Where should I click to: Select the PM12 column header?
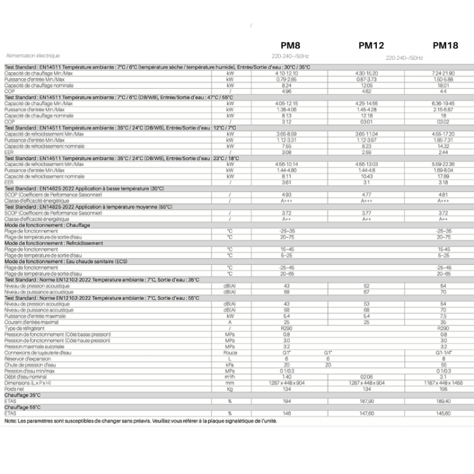(372, 45)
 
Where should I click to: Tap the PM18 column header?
(446, 45)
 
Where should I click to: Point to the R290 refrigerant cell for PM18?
(444, 328)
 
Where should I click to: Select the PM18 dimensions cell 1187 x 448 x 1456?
(444, 383)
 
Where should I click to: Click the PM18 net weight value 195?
(444, 389)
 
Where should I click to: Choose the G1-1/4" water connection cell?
(444, 352)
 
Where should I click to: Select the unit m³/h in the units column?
(230, 377)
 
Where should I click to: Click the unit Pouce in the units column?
(230, 352)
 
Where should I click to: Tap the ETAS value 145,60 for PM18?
(444, 414)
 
